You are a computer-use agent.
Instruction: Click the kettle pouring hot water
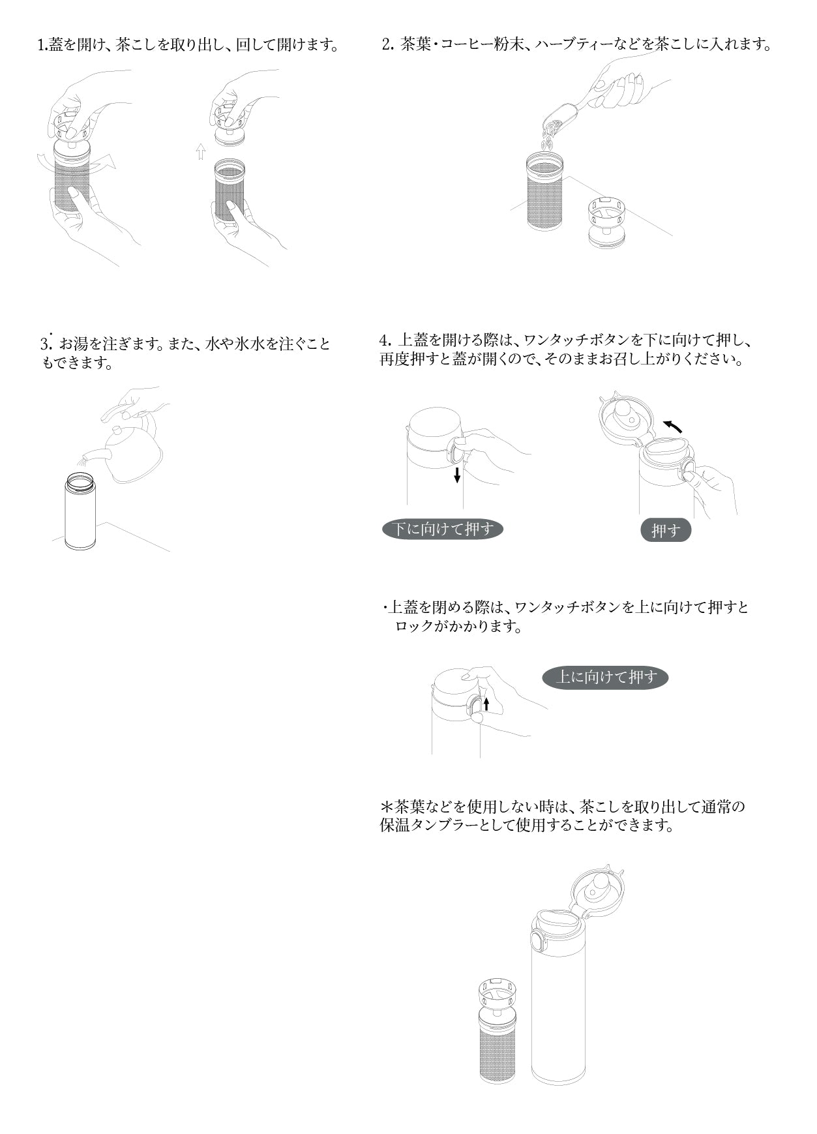pyautogui.click(x=134, y=452)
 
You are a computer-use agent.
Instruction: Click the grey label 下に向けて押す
pyautogui.click(x=443, y=529)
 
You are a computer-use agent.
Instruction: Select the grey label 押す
pyautogui.click(x=665, y=530)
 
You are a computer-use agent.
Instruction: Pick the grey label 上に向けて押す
pyautogui.click(x=605, y=677)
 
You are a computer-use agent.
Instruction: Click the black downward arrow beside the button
pyautogui.click(x=457, y=474)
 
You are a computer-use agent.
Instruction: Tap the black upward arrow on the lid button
pyautogui.click(x=486, y=704)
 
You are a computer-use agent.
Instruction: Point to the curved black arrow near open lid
pyautogui.click(x=673, y=426)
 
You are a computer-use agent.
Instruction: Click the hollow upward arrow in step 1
pyautogui.click(x=201, y=152)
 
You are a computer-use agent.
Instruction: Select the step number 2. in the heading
pyautogui.click(x=388, y=45)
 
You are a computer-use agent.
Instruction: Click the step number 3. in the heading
pyautogui.click(x=46, y=344)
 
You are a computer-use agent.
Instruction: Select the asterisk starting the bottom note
pyautogui.click(x=386, y=807)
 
